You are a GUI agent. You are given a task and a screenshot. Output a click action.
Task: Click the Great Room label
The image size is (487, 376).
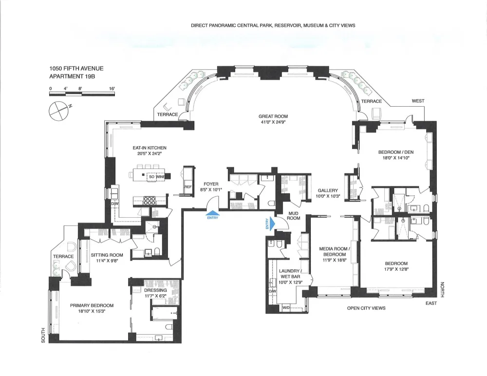273,116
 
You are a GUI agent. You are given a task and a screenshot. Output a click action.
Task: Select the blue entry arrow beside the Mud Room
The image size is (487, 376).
272,224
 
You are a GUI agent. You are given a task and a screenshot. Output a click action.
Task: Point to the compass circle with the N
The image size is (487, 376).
59,111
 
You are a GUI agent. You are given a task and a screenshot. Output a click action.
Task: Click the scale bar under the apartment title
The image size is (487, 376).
82,94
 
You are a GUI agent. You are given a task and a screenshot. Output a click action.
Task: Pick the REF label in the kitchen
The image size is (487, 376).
188,187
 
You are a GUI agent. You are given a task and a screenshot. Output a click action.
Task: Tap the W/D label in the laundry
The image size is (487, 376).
286,308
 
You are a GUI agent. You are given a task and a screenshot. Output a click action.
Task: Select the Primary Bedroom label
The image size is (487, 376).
92,305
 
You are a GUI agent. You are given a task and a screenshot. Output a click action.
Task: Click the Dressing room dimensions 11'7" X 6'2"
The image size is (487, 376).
156,296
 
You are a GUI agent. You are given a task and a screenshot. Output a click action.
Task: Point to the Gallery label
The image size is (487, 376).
328,190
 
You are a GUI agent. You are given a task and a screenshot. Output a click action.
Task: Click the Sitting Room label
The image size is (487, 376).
107,255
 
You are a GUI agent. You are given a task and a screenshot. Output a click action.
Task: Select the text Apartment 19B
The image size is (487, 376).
72,76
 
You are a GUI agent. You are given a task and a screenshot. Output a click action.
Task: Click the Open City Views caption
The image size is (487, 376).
366,308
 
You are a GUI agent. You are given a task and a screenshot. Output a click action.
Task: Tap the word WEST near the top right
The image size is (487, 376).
418,101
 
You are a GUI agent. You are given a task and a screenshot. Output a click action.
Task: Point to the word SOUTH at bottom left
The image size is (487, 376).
43,335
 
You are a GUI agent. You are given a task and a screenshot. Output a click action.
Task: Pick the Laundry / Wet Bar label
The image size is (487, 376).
290,274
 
